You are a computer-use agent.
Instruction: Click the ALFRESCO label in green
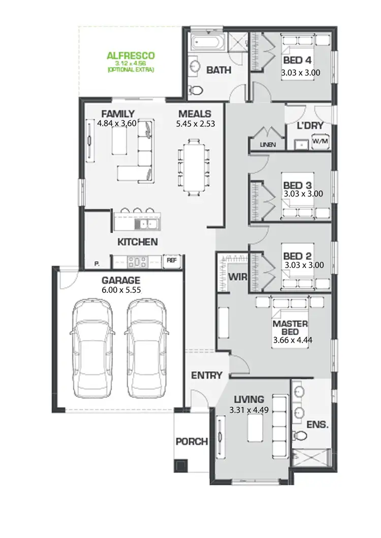point(130,55)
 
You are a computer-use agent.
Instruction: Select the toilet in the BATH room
point(196,90)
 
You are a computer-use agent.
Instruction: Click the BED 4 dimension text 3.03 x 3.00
point(300,73)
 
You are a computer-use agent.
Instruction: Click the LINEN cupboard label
point(267,145)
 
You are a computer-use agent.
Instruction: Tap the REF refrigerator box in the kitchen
point(172,261)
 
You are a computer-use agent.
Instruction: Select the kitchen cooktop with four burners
point(137,261)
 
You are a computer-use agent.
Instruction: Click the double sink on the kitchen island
point(148,224)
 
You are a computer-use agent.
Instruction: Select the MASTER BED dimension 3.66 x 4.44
point(292,341)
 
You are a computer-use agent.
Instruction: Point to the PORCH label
point(192,442)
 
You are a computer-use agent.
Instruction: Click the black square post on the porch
point(180,465)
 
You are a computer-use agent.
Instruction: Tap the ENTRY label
point(207,376)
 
